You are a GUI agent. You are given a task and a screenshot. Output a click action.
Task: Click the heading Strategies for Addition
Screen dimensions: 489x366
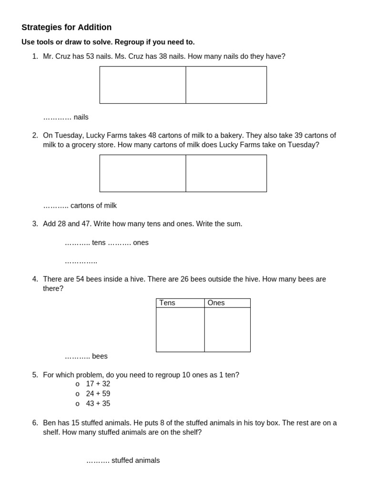tap(66, 27)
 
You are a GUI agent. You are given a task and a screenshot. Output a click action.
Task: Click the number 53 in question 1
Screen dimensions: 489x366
tap(90, 56)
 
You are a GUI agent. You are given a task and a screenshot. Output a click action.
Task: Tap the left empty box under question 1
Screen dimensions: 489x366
tap(142, 85)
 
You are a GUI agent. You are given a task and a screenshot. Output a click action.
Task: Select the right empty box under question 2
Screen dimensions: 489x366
tap(226, 173)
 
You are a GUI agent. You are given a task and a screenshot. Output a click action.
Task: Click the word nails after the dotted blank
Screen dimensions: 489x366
tap(81, 117)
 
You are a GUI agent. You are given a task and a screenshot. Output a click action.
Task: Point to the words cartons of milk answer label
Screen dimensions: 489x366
tap(93, 205)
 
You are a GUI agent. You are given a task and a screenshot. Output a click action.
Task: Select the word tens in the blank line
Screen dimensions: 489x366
tap(99, 243)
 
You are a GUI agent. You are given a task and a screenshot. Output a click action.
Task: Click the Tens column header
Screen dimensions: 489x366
tap(167, 303)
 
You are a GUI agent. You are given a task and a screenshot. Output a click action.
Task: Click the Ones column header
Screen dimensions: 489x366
tap(216, 303)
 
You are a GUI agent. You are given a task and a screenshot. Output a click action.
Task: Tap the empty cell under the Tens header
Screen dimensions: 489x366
tap(180, 330)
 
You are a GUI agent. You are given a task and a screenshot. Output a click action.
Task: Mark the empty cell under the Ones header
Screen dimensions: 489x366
tap(227, 330)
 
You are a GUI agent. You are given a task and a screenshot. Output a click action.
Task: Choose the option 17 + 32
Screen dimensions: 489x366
tap(98, 384)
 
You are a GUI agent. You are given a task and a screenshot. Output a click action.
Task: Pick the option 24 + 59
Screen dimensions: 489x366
tap(98, 394)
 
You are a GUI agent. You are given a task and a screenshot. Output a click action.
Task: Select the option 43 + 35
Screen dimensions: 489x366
tap(98, 404)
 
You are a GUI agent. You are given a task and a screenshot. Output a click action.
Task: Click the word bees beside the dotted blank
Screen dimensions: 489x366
tap(100, 356)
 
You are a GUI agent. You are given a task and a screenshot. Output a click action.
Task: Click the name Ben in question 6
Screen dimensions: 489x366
tap(50, 423)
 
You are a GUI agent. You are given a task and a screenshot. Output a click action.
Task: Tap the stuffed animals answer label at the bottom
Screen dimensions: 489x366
tap(135, 460)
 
